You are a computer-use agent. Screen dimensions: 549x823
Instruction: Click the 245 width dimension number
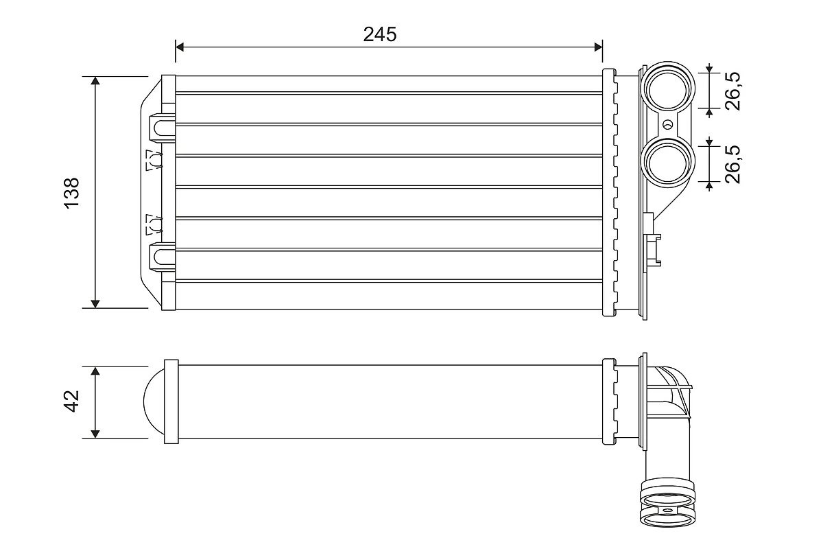(380, 34)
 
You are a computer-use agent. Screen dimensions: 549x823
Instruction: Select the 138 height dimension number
(72, 193)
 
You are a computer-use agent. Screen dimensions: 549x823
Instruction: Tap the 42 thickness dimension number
(72, 402)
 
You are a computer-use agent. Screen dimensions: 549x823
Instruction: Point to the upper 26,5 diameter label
(733, 90)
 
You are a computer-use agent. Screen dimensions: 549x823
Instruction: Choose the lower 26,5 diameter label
(733, 163)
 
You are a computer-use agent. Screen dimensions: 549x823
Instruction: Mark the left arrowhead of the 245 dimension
(180, 47)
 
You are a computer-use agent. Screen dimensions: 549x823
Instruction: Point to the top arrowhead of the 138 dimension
(95, 82)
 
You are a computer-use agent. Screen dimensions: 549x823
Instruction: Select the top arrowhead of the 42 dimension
(95, 371)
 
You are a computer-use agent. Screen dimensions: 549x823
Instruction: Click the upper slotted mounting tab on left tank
(161, 128)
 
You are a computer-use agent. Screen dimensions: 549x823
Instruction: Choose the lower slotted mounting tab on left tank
(161, 256)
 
